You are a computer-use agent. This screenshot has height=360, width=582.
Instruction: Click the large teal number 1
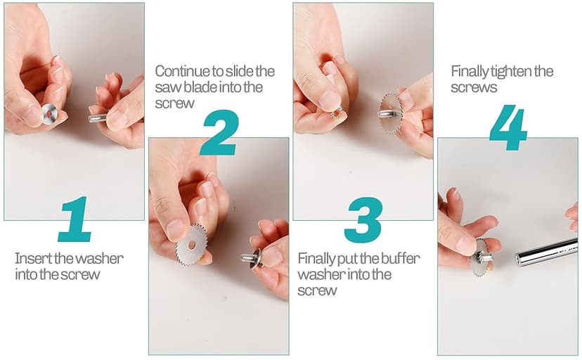point(76,219)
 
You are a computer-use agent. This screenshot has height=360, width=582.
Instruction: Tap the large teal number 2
point(219,132)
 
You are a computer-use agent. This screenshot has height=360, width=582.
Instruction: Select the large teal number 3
point(363,219)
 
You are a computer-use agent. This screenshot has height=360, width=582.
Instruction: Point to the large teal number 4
point(508,127)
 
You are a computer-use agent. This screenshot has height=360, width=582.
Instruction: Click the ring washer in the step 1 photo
point(49,114)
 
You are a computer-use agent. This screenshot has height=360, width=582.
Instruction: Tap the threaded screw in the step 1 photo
point(97,118)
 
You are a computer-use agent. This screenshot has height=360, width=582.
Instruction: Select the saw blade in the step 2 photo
point(192,245)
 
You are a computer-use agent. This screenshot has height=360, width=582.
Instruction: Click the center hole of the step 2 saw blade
point(191,245)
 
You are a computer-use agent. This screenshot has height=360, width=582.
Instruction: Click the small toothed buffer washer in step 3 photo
point(337,112)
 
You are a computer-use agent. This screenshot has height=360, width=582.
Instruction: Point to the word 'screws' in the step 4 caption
point(474,88)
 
